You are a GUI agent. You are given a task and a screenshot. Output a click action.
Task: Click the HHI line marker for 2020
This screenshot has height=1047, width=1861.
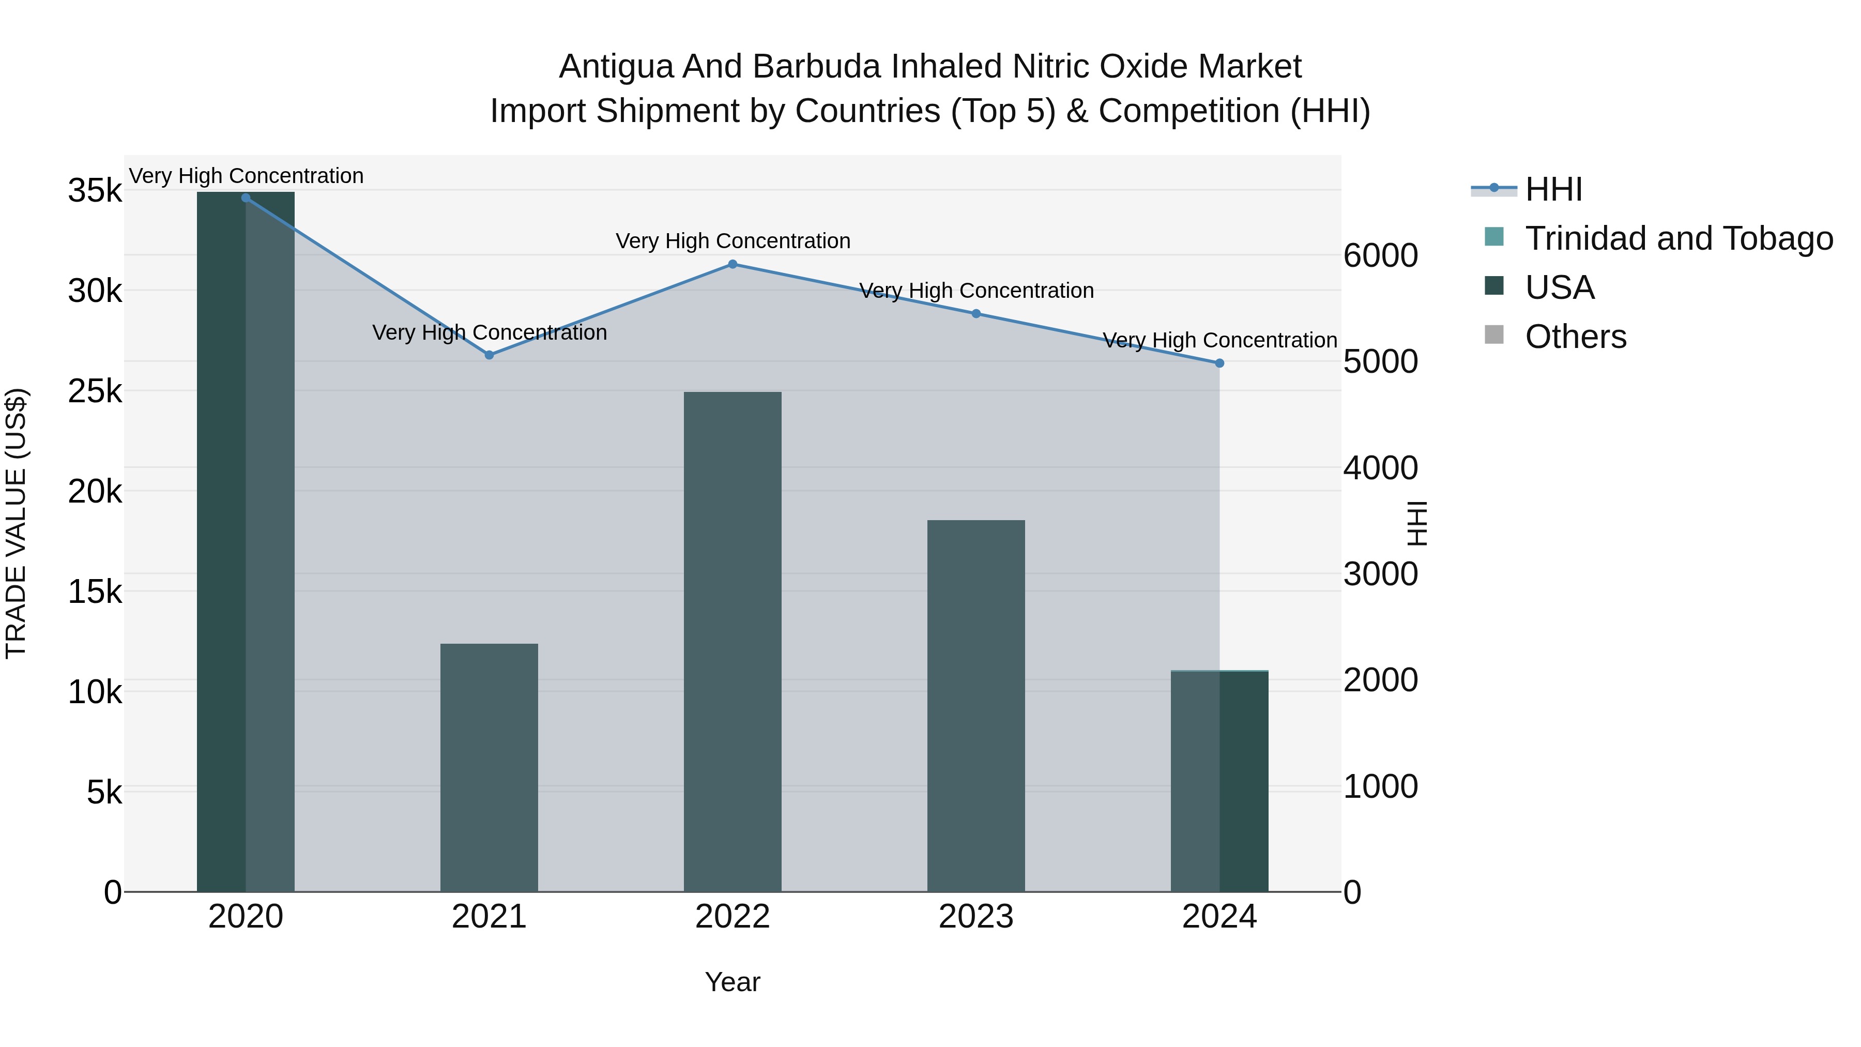[246, 198]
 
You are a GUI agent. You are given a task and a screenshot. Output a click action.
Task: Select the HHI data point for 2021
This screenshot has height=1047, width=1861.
[489, 355]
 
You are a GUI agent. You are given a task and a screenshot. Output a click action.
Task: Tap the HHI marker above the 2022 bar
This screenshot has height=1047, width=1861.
[733, 264]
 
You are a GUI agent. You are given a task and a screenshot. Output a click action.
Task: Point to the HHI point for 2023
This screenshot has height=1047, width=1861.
[976, 314]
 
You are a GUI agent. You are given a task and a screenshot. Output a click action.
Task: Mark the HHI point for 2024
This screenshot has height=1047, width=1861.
[1219, 363]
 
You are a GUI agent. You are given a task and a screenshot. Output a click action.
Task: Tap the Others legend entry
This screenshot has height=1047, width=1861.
[1575, 337]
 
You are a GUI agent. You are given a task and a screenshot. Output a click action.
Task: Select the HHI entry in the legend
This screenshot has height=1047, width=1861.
[1553, 189]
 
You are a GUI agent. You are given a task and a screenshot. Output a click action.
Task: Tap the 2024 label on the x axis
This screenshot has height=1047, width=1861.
[1219, 917]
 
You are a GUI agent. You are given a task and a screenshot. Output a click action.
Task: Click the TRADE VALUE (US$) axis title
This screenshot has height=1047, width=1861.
[16, 523]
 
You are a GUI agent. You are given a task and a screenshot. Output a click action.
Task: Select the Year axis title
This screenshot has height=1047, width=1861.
[733, 982]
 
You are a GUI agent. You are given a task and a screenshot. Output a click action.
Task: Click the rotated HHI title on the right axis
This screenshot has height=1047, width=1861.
[1417, 523]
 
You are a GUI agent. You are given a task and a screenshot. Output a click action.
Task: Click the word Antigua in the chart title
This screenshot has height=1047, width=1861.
[616, 67]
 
